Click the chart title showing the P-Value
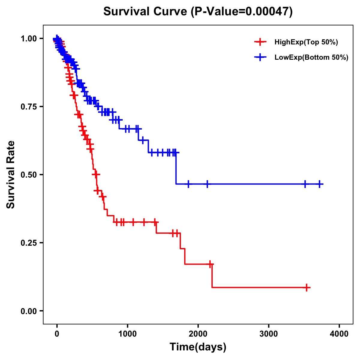point(198,11)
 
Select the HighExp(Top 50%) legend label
point(306,42)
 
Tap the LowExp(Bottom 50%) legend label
point(311,58)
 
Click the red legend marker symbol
point(260,42)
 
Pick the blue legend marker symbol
point(260,57)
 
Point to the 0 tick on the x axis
point(57,334)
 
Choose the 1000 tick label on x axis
point(127,334)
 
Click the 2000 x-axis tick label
point(198,334)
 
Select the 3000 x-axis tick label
point(269,334)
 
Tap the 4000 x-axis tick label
point(339,334)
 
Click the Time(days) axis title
point(198,347)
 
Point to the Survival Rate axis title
point(11,175)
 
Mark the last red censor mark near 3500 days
point(307,287)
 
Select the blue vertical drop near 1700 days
point(176,168)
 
